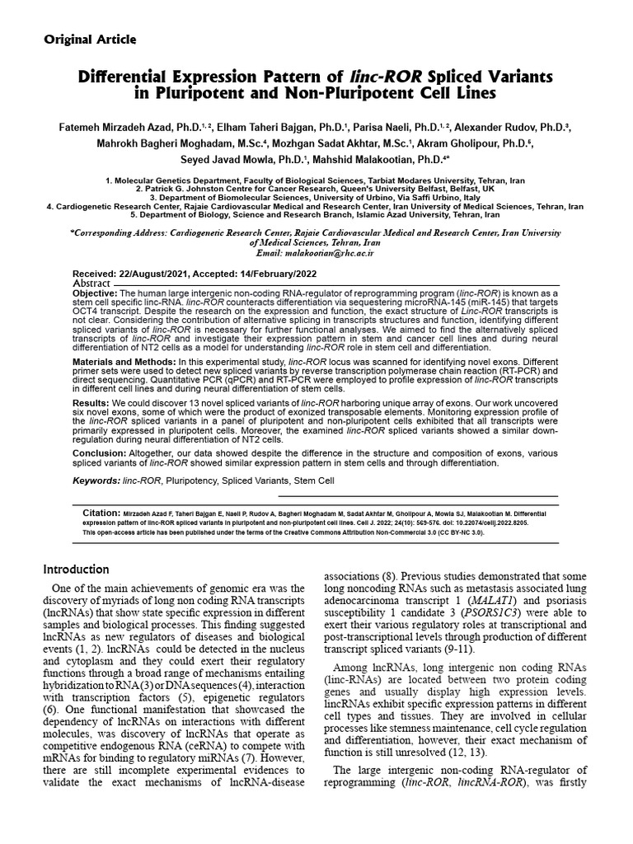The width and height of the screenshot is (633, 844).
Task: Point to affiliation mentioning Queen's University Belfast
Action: [316, 188]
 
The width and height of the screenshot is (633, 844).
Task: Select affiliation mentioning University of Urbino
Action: [316, 197]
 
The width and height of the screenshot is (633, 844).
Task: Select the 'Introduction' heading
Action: [76, 569]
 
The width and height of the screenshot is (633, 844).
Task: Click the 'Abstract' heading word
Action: [91, 283]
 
